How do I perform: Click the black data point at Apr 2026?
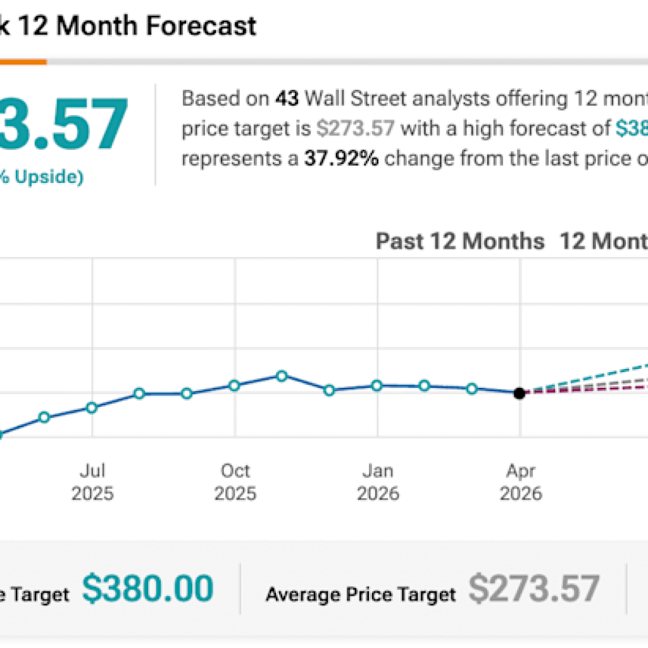point(520,393)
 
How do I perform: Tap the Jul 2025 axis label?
point(92,482)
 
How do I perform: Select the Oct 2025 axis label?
point(235,482)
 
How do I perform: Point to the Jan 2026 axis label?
point(378,482)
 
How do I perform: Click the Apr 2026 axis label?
point(521,482)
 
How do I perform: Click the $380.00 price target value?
point(148,589)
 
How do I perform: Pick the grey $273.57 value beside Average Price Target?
point(533,589)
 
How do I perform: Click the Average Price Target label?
point(361,594)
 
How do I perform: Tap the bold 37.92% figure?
point(342,158)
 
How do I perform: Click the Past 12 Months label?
point(460,241)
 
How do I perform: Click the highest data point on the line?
point(282,376)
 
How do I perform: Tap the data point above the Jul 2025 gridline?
point(92,408)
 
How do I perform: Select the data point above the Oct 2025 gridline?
point(235,385)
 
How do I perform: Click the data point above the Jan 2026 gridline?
point(377,385)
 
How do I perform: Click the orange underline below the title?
point(23,62)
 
